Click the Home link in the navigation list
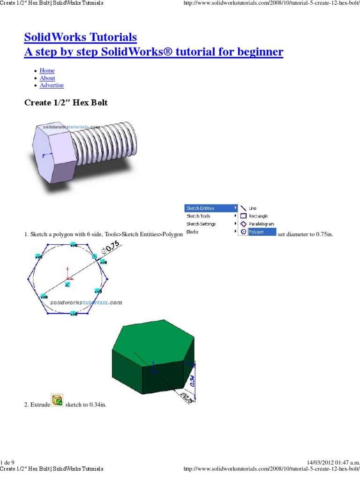coord(47,71)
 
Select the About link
coord(47,78)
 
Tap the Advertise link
coord(52,86)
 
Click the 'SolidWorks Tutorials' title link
coord(80,37)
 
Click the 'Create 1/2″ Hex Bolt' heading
coord(66,103)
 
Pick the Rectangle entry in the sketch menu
coord(258,216)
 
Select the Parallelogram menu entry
coord(261,224)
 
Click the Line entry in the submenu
coord(252,208)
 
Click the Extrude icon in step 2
coord(57,400)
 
